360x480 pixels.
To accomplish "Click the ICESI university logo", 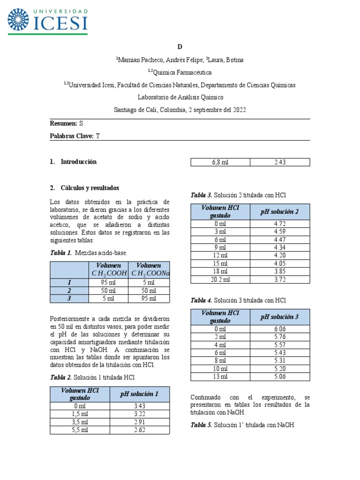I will tap(47, 20).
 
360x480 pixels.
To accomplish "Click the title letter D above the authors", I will tap(180, 47).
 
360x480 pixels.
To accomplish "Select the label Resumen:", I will tap(63, 123).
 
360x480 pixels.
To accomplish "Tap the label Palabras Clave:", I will tap(72, 136).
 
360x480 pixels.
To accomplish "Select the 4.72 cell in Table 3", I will tap(280, 224).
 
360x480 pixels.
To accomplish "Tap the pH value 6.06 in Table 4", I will tap(280, 329).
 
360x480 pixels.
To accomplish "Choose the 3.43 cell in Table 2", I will tap(140, 406).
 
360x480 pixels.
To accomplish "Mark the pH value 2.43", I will tap(280, 162).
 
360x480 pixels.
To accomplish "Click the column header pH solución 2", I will tap(280, 212).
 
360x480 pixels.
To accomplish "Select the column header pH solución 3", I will tap(280, 317).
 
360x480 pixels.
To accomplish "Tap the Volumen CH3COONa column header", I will tap(149, 270).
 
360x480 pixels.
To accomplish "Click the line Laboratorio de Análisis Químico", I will tap(180, 97).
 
